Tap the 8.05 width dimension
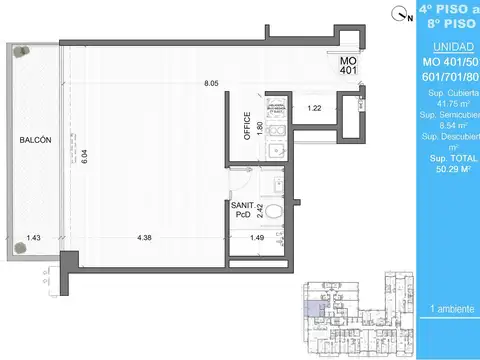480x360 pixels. click(x=211, y=83)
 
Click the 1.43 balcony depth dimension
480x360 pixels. click(x=34, y=239)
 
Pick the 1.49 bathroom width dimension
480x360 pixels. click(x=257, y=239)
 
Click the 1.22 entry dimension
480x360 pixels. click(x=314, y=108)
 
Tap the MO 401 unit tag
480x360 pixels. click(x=347, y=65)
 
